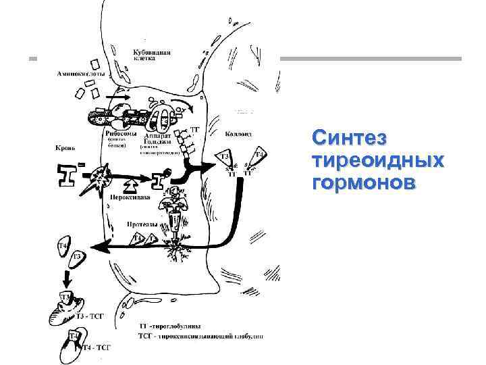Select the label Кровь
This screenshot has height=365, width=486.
click(65, 147)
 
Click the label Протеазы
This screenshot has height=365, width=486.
click(142, 224)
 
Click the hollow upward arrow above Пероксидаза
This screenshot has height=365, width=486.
click(131, 183)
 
